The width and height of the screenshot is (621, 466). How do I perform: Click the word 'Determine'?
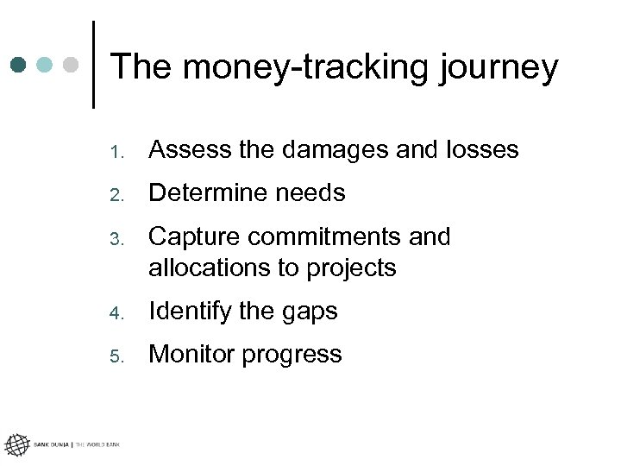[x=204, y=193]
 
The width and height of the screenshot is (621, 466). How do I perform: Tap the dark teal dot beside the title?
[x=19, y=65]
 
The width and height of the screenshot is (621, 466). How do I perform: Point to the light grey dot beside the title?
[x=71, y=65]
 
